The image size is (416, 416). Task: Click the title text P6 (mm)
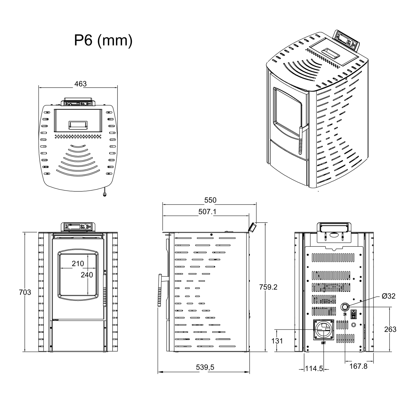[103, 41]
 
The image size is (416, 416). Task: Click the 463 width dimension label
[80, 84]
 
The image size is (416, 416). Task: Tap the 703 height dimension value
[25, 292]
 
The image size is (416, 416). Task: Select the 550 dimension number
[210, 200]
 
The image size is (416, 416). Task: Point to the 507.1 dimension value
[207, 212]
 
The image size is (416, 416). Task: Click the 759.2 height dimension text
[268, 287]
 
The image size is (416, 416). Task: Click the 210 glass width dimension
[78, 264]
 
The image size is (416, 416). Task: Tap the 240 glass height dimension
[87, 275]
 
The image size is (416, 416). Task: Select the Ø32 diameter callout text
[389, 296]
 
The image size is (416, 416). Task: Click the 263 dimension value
[390, 329]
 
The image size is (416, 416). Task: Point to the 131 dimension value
[277, 341]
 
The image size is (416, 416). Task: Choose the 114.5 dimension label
[314, 368]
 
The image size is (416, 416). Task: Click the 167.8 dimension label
[359, 366]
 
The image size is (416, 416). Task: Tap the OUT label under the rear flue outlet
[323, 343]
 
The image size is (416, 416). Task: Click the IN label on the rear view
[345, 314]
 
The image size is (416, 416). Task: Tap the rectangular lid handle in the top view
[78, 125]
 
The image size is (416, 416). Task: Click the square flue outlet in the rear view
[324, 329]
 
